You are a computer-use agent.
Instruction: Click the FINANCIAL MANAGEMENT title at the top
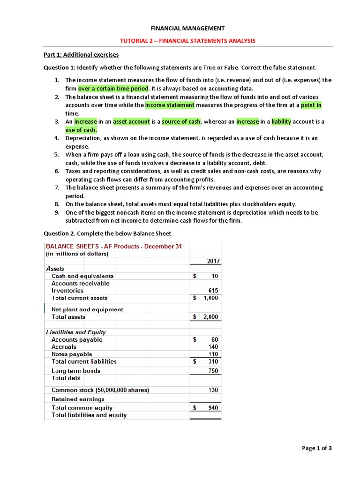pyautogui.click(x=187, y=29)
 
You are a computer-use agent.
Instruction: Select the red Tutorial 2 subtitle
pyautogui.click(x=187, y=41)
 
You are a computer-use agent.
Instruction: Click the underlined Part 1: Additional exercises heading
pyautogui.click(x=81, y=55)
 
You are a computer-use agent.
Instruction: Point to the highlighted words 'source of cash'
pyautogui.click(x=181, y=122)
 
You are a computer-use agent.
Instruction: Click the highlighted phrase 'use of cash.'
pyautogui.click(x=81, y=130)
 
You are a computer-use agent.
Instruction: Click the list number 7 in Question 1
pyautogui.click(x=56, y=187)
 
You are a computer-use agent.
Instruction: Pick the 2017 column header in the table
pyautogui.click(x=213, y=261)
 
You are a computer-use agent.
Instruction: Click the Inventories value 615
pyautogui.click(x=213, y=291)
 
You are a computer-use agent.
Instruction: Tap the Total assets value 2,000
pyautogui.click(x=210, y=317)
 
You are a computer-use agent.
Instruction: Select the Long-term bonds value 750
pyautogui.click(x=213, y=371)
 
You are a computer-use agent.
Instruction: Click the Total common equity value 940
pyautogui.click(x=213, y=408)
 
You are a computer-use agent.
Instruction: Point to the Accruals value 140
pyautogui.click(x=213, y=347)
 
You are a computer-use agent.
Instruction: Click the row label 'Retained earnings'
pyautogui.click(x=78, y=399)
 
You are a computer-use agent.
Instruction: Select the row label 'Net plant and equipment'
pyautogui.click(x=87, y=309)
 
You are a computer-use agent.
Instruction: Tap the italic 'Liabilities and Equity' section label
pyautogui.click(x=76, y=332)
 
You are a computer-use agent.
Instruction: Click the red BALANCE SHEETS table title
pyautogui.click(x=114, y=247)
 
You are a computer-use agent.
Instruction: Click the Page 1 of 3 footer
pyautogui.click(x=317, y=448)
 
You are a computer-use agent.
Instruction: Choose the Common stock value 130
pyautogui.click(x=213, y=390)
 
